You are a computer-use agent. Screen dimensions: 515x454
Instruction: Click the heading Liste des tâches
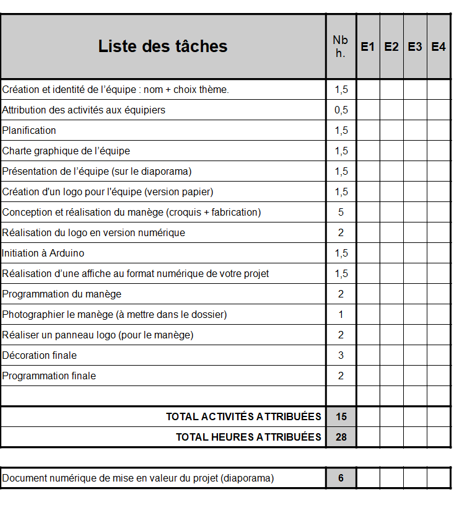[x=163, y=46]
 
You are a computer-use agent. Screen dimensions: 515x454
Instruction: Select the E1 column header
[x=368, y=46]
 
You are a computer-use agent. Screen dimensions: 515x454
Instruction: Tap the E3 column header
[x=415, y=46]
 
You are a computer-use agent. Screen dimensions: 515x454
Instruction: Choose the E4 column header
[x=439, y=46]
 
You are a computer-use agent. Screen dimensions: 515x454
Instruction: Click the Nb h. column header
[x=341, y=46]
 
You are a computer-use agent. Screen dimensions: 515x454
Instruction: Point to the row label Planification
[x=29, y=130]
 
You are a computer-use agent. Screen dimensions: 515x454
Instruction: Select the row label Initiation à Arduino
[x=43, y=253]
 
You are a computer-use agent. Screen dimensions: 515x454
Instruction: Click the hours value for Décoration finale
[x=341, y=355]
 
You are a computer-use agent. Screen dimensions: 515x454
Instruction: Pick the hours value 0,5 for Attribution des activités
[x=341, y=110]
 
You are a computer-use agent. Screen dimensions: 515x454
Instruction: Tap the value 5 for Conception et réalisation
[x=341, y=212]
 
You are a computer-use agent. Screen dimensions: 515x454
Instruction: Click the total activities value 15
[x=341, y=416]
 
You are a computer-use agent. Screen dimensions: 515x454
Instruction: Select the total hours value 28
[x=341, y=437]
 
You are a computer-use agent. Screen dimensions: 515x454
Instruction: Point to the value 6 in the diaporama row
[x=341, y=478]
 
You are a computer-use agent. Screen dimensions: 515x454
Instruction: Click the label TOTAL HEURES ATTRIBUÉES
[x=248, y=437]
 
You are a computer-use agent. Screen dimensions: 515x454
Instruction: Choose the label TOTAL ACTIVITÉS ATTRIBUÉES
[x=243, y=416]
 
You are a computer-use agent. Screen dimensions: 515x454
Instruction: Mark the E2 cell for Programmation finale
[x=391, y=376]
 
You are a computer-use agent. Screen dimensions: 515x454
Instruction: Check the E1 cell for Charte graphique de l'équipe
[x=368, y=151]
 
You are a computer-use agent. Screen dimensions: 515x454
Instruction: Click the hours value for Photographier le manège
[x=341, y=314]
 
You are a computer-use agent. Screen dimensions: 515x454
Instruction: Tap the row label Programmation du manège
[x=62, y=294]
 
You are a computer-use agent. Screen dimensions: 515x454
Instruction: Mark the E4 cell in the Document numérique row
[x=439, y=478]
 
